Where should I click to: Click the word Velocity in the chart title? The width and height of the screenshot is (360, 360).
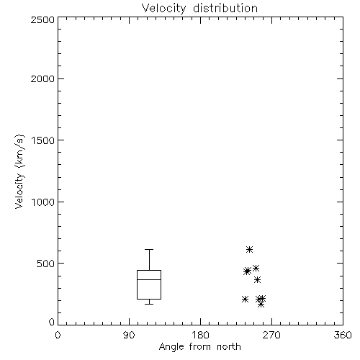[x=163, y=9]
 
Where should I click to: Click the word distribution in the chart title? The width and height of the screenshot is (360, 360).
[x=225, y=8]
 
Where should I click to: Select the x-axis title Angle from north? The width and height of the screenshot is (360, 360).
[x=199, y=347]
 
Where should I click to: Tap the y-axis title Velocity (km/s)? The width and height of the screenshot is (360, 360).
[x=19, y=171]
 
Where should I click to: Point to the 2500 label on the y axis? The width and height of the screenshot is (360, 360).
[x=42, y=19]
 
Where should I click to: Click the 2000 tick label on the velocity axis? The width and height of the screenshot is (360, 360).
[x=42, y=79]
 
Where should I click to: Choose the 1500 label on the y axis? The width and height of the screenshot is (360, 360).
[x=43, y=140]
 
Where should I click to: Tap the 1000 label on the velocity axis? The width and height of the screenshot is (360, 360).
[x=43, y=202]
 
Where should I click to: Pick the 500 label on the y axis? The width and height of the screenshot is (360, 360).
[x=46, y=264]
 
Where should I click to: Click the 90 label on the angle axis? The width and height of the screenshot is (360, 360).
[x=129, y=335]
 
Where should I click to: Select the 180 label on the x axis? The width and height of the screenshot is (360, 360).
[x=200, y=335]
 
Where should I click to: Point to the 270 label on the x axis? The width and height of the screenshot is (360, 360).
[x=271, y=335]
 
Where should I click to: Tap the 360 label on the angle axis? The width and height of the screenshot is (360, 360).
[x=343, y=335]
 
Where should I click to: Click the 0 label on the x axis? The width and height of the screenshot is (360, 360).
[x=58, y=335]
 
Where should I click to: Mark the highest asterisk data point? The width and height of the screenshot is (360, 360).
[x=249, y=250]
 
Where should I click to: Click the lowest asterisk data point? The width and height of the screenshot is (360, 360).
[x=261, y=305]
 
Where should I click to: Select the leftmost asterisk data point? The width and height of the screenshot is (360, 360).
[x=245, y=300]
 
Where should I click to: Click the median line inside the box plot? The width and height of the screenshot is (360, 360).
[x=149, y=279]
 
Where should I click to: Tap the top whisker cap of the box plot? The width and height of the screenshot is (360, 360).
[x=149, y=250]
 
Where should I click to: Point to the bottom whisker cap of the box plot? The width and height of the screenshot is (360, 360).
[x=149, y=305]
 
